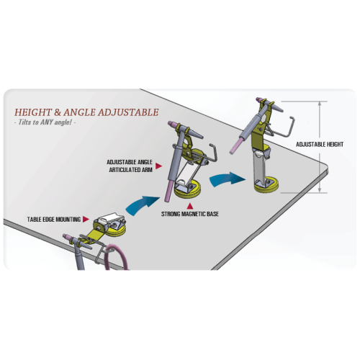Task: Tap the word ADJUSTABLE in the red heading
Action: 128,112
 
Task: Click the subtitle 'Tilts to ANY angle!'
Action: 45,122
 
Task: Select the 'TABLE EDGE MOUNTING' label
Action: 54,220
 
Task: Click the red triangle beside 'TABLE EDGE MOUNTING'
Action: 86,219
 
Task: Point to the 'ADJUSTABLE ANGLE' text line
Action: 130,162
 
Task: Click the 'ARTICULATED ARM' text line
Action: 131,170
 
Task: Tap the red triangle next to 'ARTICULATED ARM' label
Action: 158,166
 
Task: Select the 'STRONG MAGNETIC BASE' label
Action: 190,214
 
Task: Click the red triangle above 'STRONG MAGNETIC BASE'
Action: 190,206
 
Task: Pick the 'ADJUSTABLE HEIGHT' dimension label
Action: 320,144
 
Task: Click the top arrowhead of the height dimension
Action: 320,104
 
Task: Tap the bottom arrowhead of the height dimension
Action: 320,190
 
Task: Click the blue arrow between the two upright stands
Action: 227,179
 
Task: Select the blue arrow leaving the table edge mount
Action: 142,205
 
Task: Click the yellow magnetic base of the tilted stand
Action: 188,191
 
